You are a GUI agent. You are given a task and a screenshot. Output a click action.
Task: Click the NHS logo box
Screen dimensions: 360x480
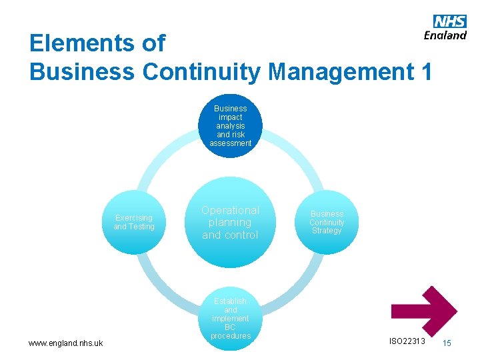450,21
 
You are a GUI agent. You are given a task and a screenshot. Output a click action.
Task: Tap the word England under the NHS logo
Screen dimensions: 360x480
445,35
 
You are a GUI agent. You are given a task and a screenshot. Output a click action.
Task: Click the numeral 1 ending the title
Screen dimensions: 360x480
425,71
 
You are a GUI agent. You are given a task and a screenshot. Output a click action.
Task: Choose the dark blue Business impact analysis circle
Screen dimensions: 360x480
230,125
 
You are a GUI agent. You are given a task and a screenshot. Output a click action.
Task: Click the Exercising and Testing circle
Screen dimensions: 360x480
134,222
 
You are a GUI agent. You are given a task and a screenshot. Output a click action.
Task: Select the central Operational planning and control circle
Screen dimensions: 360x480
230,222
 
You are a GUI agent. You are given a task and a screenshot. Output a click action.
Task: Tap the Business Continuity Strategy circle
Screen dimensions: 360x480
327,222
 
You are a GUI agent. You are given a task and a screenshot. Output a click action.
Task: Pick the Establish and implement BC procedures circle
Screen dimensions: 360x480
231,319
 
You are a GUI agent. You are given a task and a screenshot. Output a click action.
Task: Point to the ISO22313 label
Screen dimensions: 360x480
407,341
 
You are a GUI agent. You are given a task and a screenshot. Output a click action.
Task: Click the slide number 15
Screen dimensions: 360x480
447,343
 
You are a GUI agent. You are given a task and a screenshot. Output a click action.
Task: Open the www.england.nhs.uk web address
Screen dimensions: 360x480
65,343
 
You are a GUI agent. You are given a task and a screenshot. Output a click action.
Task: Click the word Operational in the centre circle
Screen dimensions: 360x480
230,210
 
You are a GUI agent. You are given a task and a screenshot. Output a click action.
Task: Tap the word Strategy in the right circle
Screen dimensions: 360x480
327,231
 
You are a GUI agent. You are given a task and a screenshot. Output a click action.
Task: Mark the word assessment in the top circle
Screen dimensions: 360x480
230,143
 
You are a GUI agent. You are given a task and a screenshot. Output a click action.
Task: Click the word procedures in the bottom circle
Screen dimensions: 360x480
231,336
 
